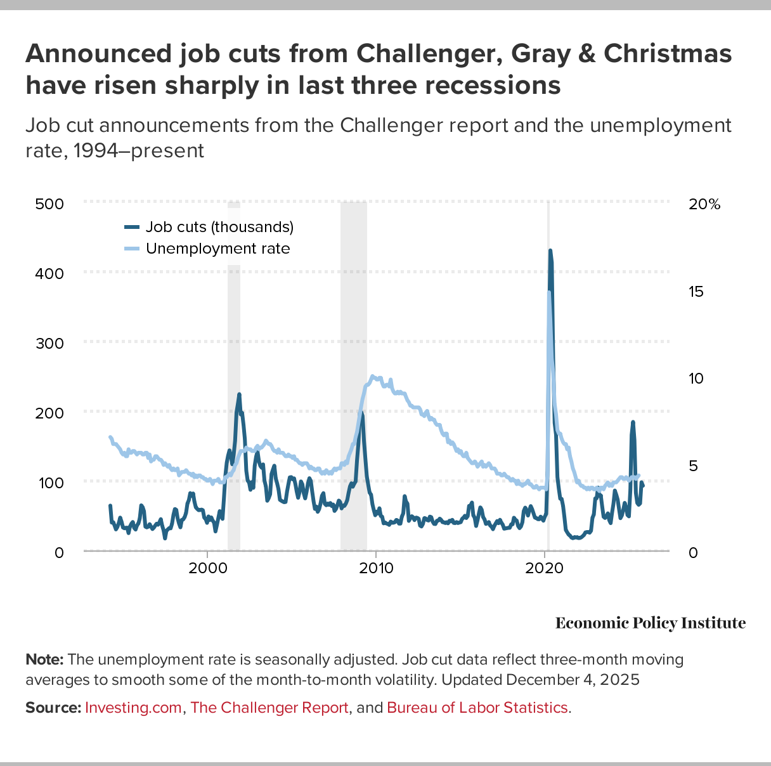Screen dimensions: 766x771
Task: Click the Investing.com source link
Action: click(x=133, y=708)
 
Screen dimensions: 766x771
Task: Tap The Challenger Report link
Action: click(x=269, y=708)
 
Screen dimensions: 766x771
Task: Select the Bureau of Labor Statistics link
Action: click(x=477, y=708)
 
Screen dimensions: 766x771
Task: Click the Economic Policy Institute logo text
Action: click(x=651, y=623)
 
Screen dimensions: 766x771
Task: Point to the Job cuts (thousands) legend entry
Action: click(x=219, y=227)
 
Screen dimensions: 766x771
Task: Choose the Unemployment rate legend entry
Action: click(x=217, y=249)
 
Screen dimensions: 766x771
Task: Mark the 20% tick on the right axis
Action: click(x=704, y=204)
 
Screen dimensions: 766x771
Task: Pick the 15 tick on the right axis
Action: click(x=696, y=292)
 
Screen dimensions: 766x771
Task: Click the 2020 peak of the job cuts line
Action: click(x=550, y=251)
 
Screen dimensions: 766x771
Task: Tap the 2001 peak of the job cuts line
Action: click(x=239, y=394)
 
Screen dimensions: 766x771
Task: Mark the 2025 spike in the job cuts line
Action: click(x=632, y=422)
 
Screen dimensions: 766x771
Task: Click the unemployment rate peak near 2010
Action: click(x=372, y=376)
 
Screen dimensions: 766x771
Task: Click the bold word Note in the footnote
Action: click(x=44, y=659)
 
